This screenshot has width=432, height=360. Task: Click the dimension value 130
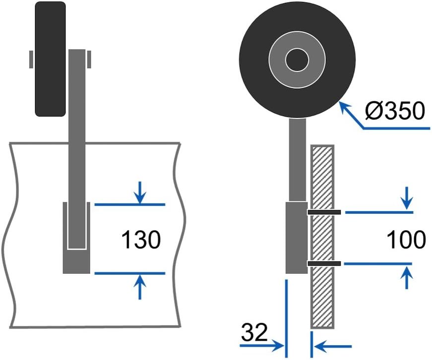[141, 240]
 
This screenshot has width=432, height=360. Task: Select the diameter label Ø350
[395, 111]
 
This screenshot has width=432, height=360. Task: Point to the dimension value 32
[255, 331]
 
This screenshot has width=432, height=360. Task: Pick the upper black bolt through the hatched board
[324, 212]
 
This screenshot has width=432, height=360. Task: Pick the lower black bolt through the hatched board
[324, 263]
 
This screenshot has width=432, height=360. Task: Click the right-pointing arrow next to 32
[275, 344]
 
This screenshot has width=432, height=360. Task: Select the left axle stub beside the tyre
[31, 59]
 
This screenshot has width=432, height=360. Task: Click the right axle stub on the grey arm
[90, 59]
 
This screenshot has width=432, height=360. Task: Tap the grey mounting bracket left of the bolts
[296, 238]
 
